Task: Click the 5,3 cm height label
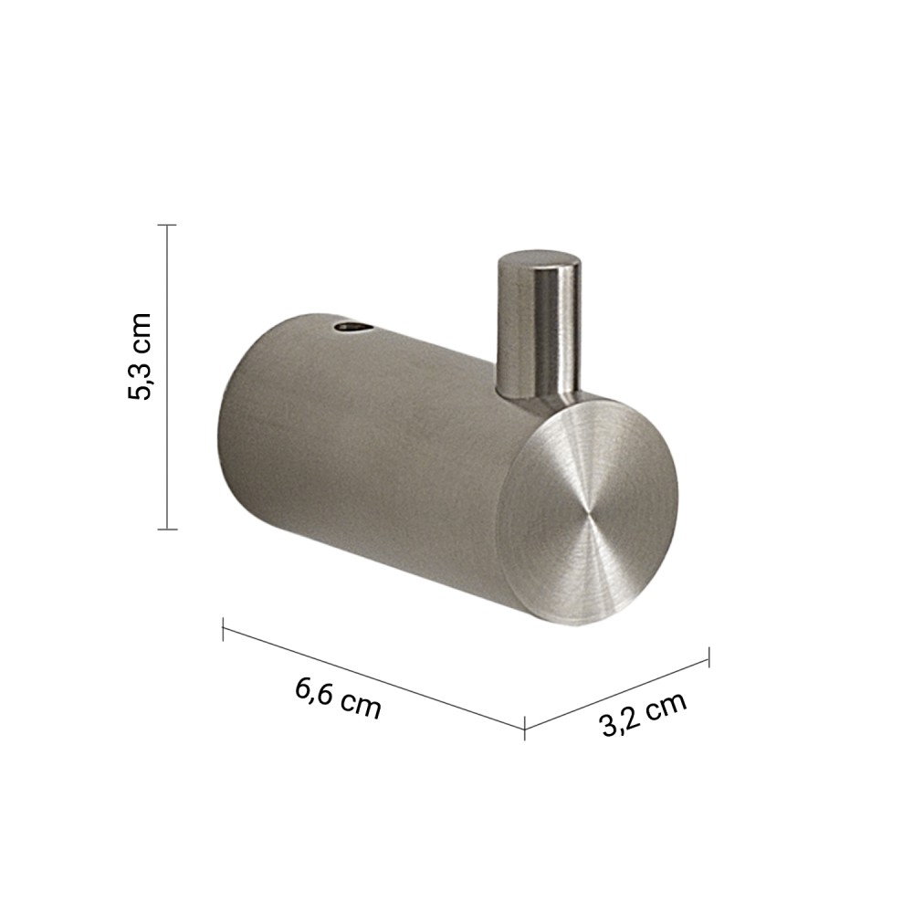pos(139,356)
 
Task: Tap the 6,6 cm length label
pos(338,698)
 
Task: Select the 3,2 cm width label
pos(643,715)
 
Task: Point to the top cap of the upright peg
pos(539,260)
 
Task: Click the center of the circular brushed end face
pos(590,513)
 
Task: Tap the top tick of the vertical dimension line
pos(167,225)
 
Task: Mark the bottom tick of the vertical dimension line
pos(167,530)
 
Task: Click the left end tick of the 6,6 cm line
pos(223,629)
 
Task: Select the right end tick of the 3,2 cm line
pos(708,657)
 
